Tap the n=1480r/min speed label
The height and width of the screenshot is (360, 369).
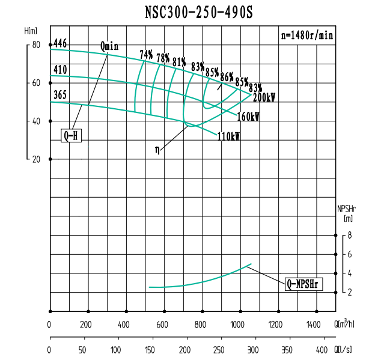(307, 35)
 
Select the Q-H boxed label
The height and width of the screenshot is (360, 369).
(71, 136)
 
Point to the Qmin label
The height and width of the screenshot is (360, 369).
(110, 46)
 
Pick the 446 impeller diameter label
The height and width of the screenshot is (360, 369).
(60, 43)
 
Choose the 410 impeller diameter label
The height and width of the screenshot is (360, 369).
(60, 70)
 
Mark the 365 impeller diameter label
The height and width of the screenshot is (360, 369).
(60, 95)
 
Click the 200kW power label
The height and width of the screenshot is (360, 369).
(264, 97)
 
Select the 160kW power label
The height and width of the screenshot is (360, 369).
(248, 117)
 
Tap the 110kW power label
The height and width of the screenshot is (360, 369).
(229, 136)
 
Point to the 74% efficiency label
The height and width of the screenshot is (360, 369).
(146, 55)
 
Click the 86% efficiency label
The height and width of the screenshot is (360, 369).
(227, 76)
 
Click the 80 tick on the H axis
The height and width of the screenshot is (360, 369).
(36, 45)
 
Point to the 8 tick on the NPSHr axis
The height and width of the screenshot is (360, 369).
(350, 236)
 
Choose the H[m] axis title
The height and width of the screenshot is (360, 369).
(31, 31)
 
